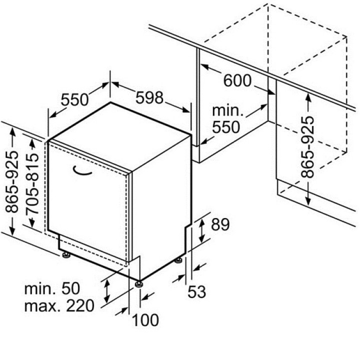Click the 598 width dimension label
click(149, 97)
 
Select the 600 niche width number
click(237, 80)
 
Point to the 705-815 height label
click(32, 183)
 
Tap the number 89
click(220, 224)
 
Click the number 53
click(197, 292)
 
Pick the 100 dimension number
click(145, 320)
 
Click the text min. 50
click(52, 288)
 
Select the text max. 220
click(59, 305)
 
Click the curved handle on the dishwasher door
click(82, 170)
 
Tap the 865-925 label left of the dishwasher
click(11, 182)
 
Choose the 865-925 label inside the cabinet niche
click(307, 147)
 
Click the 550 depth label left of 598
click(74, 99)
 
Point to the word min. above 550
click(228, 110)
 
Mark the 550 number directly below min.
click(226, 127)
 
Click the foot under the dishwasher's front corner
click(139, 284)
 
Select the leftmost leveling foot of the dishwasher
click(66, 254)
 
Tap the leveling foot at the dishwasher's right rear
click(178, 260)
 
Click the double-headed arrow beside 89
click(202, 231)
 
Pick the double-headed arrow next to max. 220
click(107, 291)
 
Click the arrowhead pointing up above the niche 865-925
click(308, 97)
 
